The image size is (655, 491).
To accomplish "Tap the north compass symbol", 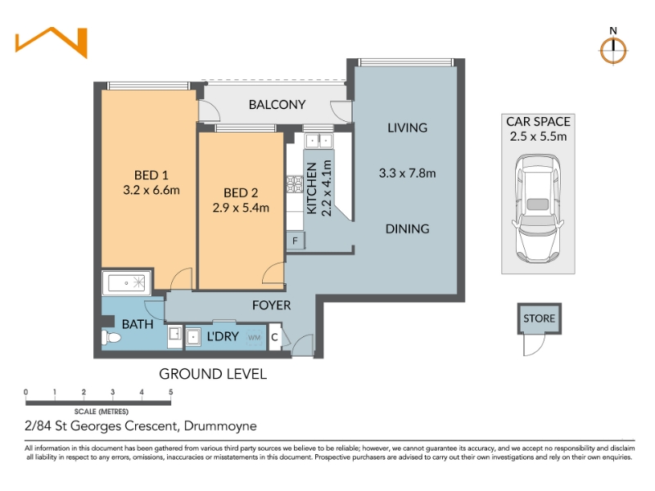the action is click(x=612, y=51).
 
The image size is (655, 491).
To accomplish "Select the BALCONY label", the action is click(x=277, y=105).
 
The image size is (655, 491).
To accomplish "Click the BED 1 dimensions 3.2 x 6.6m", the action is click(x=151, y=190).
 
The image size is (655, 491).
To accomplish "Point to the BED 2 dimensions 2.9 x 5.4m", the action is click(x=241, y=208).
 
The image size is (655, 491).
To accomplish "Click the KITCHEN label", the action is click(x=312, y=188).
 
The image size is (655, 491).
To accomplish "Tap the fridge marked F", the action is click(x=296, y=241).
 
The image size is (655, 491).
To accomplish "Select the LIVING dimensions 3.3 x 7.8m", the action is click(x=407, y=173).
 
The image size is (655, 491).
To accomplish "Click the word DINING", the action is click(x=407, y=229).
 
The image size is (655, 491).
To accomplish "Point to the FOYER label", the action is click(x=272, y=305).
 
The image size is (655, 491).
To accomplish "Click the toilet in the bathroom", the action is click(x=111, y=337).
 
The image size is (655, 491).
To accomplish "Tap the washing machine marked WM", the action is click(x=255, y=337).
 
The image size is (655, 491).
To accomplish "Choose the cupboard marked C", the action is click(x=275, y=337).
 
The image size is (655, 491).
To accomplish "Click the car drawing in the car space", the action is click(x=538, y=209).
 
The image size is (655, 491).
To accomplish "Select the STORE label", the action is click(x=540, y=318).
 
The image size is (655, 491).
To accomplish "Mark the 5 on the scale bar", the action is click(x=171, y=392).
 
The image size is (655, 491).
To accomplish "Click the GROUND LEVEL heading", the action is click(x=213, y=374).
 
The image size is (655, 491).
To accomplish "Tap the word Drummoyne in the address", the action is click(x=220, y=426).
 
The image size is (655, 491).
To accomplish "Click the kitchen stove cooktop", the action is click(x=295, y=184).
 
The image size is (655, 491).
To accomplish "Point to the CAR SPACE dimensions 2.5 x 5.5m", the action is click(x=539, y=137).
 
